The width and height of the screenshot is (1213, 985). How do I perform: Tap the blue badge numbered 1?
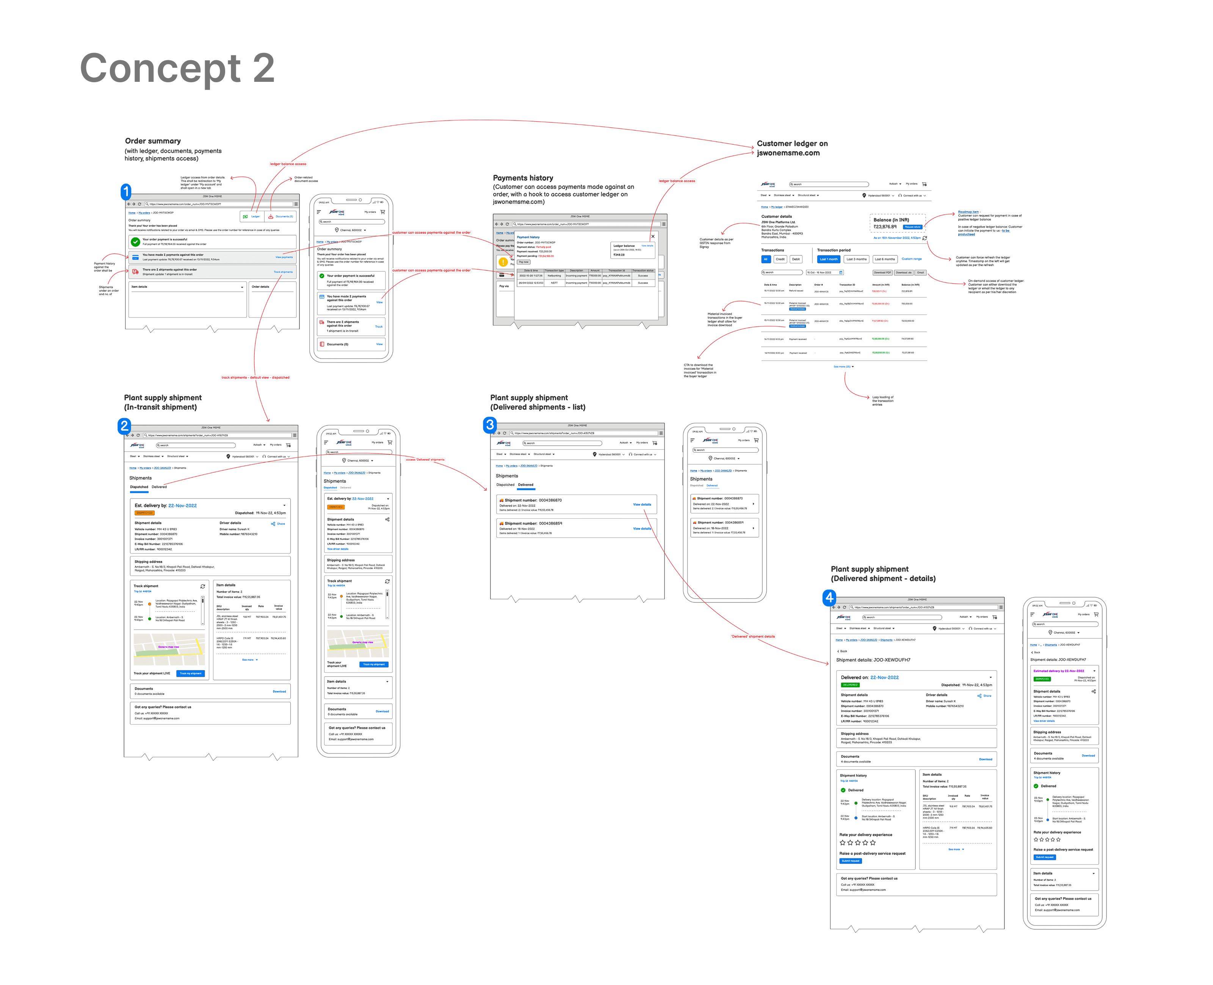[126, 192]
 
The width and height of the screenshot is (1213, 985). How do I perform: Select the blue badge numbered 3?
[489, 424]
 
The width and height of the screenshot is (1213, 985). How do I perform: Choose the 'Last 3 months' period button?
[857, 259]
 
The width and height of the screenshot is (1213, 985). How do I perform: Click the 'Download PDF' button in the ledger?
[882, 273]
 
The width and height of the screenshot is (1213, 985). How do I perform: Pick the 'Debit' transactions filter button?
[796, 259]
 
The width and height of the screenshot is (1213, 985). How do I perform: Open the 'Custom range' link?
[912, 259]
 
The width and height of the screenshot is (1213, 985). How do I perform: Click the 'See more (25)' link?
[843, 367]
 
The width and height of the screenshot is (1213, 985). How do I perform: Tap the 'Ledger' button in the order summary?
[252, 217]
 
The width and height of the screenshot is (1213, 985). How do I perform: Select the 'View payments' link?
[284, 257]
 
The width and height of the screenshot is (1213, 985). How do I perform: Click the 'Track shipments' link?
[283, 272]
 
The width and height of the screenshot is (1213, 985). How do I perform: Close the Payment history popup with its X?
[653, 236]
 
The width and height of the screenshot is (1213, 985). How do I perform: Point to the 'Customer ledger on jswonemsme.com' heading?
[792, 148]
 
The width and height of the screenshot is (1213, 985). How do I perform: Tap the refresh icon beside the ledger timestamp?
[925, 238]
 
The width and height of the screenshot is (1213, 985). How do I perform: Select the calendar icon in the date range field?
[841, 273]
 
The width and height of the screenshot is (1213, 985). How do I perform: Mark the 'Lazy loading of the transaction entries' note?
[882, 400]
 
